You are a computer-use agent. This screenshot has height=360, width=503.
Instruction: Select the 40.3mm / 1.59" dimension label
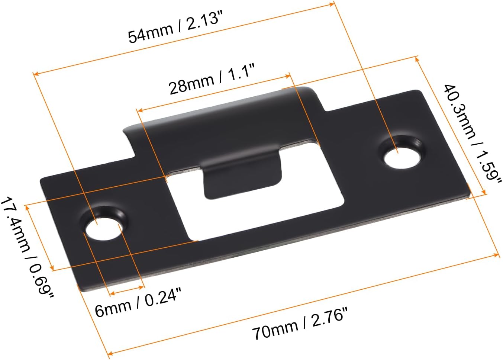click(471, 135)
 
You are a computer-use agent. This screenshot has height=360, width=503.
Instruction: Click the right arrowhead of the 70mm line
click(497, 255)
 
